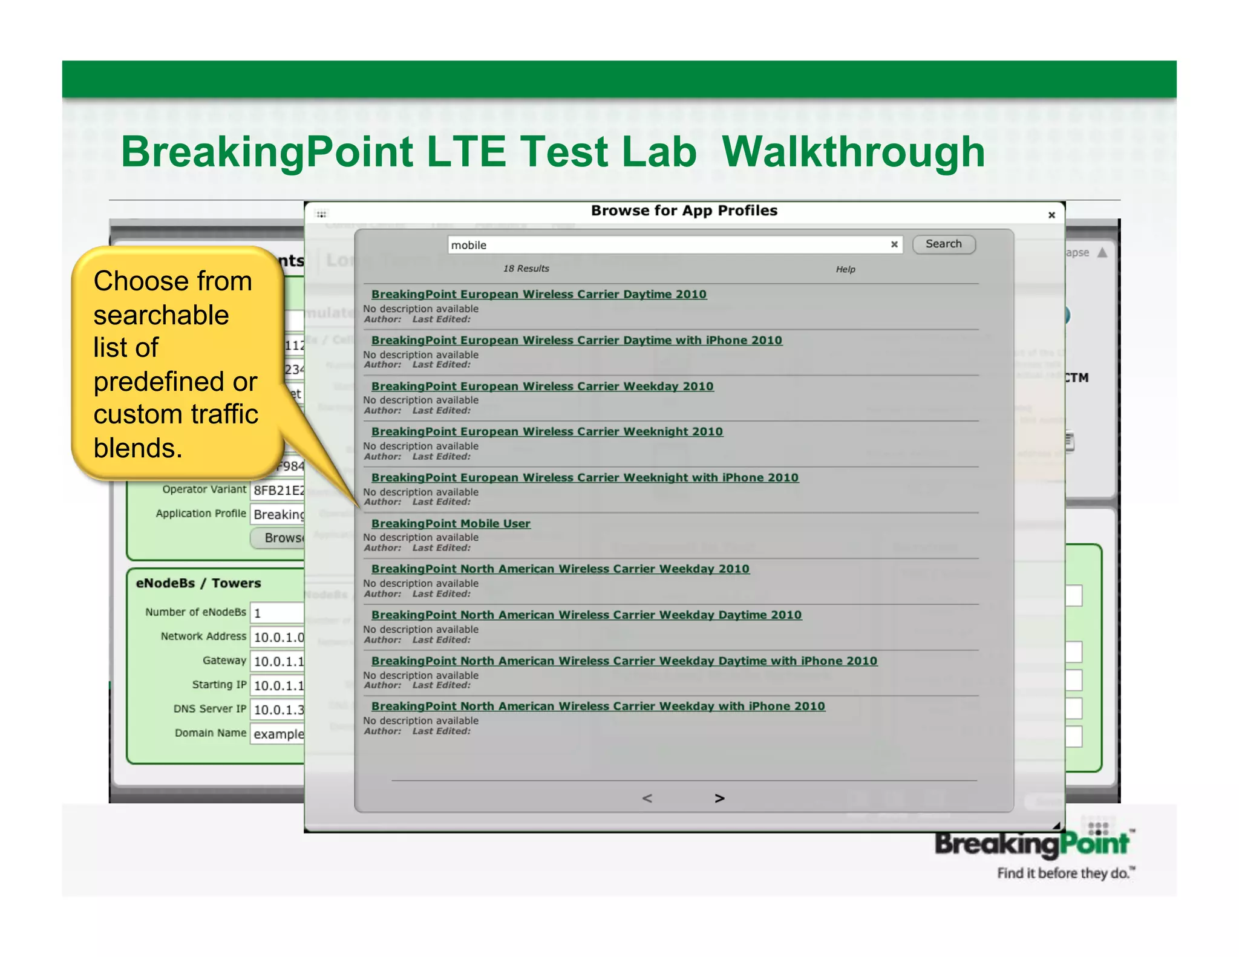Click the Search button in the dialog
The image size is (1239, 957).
943,244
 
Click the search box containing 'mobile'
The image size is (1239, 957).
665,245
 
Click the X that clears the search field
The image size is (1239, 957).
894,244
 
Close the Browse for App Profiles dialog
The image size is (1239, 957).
1051,215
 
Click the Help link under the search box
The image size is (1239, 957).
845,269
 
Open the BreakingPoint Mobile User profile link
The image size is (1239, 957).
451,523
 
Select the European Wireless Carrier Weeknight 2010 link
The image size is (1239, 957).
547,431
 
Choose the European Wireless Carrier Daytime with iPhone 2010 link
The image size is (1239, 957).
577,340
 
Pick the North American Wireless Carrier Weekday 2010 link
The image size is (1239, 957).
560,569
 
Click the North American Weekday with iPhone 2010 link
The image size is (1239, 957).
598,706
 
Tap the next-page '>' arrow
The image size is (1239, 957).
719,799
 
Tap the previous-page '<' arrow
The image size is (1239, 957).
647,799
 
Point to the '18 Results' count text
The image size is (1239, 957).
526,269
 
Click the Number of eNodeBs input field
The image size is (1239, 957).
277,613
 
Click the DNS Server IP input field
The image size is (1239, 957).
277,710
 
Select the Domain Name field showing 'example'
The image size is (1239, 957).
277,734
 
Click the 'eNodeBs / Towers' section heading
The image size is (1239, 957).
198,583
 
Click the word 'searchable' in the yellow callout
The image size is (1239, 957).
161,315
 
